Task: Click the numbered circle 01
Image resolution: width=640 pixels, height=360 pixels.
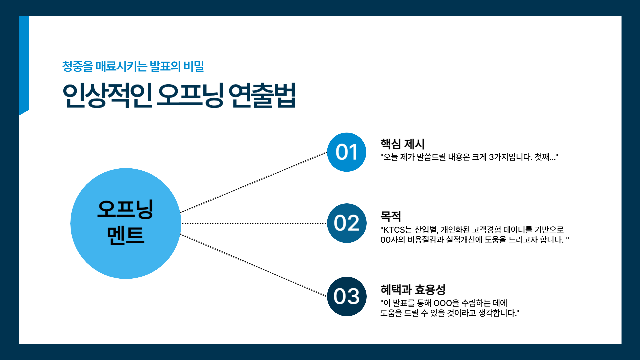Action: click(x=347, y=152)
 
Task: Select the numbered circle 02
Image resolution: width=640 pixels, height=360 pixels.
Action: click(x=347, y=223)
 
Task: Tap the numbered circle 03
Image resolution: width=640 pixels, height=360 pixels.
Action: click(x=347, y=296)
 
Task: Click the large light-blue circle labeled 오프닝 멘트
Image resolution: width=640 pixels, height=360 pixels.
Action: click(x=126, y=223)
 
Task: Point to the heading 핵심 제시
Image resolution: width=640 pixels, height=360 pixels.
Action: click(x=403, y=144)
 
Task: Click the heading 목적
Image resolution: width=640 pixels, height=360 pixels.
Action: click(x=391, y=216)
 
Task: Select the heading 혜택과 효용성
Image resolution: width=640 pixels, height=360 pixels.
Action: click(x=413, y=289)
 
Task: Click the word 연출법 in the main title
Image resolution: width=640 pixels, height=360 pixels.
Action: click(x=262, y=95)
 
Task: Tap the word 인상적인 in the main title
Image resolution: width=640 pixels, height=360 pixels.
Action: click(x=107, y=95)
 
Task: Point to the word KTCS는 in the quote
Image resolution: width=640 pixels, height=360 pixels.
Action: click(x=398, y=230)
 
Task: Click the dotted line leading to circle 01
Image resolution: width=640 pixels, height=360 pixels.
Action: click(x=254, y=182)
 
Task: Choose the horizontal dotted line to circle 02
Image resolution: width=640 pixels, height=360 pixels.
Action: click(x=254, y=223)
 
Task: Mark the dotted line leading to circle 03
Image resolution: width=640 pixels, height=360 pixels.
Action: click(x=254, y=265)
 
